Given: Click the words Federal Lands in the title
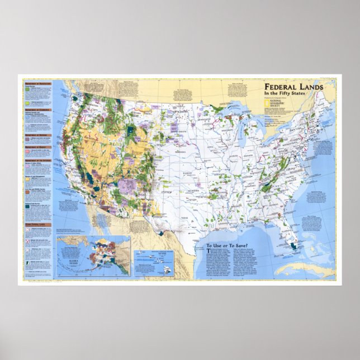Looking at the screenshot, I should (292, 88).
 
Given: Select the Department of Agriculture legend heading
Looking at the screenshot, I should (38, 83).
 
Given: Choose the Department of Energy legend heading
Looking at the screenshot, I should (38, 146).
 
